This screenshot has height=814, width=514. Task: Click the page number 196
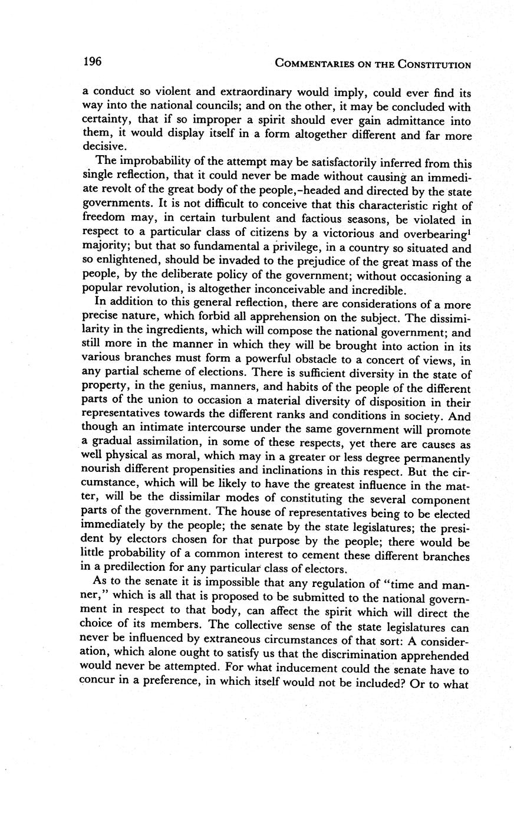pyautogui.click(x=93, y=61)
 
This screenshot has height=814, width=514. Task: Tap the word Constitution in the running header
pyautogui.click(x=433, y=64)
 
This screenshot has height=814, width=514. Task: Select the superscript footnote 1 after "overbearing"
pyautogui.click(x=469, y=231)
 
